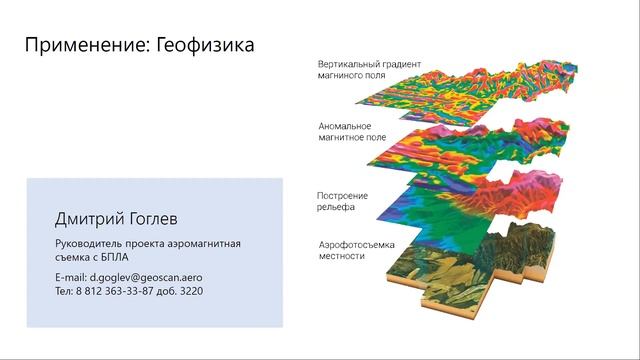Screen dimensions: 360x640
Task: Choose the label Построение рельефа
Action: coord(344,199)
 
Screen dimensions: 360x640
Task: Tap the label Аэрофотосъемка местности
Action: coord(355,250)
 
